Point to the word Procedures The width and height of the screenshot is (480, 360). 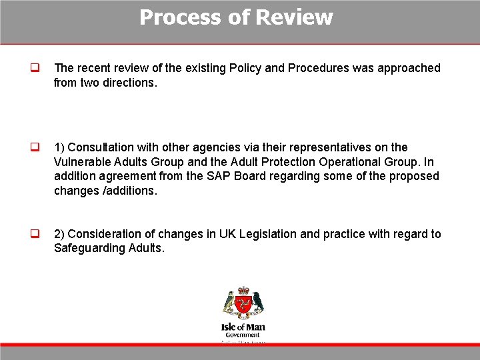(x=316, y=68)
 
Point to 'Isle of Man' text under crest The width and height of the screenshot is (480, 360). (x=243, y=327)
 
